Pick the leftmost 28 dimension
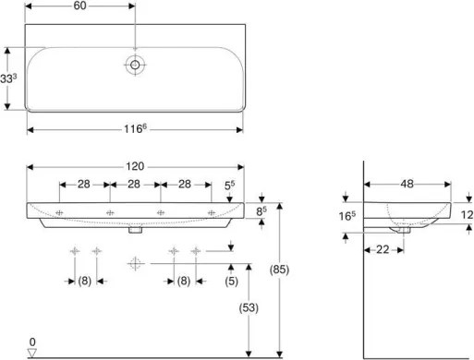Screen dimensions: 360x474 click(83, 185)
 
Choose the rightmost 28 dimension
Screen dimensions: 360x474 click(184, 185)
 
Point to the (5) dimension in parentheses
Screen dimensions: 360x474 click(233, 282)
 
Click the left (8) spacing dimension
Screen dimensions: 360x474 click(85, 282)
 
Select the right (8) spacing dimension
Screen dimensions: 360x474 click(184, 282)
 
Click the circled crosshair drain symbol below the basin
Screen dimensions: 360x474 click(135, 264)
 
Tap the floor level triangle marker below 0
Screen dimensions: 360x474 click(32, 351)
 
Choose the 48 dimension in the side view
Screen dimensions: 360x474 click(406, 185)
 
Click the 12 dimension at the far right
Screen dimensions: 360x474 click(465, 214)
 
